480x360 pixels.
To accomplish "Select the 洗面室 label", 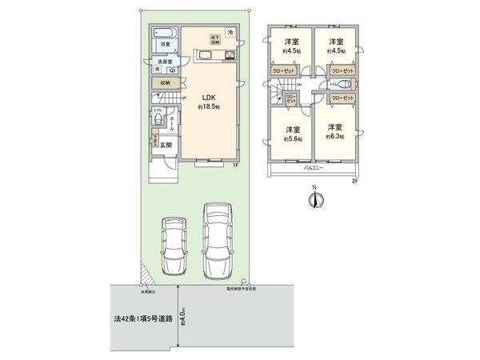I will [163, 62].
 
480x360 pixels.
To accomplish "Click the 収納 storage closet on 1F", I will [163, 82].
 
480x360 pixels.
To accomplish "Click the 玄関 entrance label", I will [165, 145].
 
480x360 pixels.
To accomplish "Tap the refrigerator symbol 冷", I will [230, 32].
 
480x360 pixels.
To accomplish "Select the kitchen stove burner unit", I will [228, 55].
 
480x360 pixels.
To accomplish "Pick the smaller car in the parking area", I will [174, 246].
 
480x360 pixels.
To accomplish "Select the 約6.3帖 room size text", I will [334, 137].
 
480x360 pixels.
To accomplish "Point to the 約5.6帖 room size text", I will [290, 138].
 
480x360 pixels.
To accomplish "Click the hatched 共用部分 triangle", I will [143, 274].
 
